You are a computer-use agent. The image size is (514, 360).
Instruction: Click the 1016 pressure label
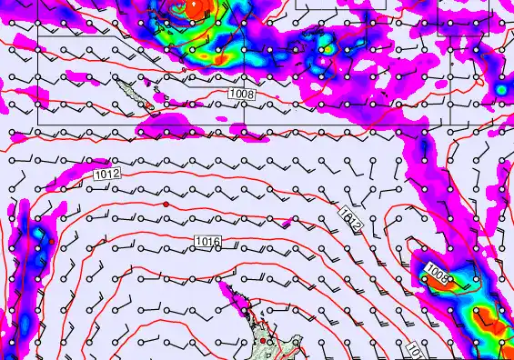(x=207, y=240)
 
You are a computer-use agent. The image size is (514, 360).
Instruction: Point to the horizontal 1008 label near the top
(x=241, y=93)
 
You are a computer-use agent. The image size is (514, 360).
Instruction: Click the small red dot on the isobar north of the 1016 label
(x=166, y=205)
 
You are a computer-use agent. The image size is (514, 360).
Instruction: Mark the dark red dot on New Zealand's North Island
(x=263, y=341)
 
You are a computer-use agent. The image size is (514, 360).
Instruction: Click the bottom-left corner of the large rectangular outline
(x=37, y=123)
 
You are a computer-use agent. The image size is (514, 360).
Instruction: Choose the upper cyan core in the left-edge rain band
(x=36, y=238)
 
